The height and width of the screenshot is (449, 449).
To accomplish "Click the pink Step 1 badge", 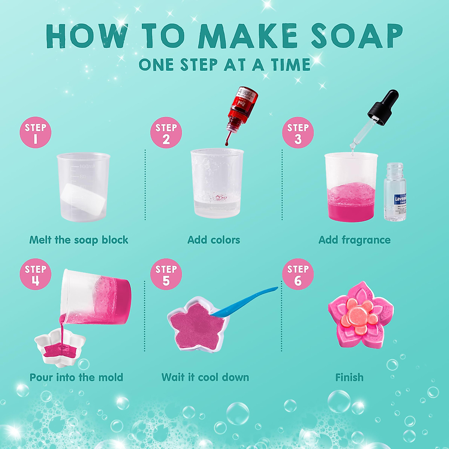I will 35,132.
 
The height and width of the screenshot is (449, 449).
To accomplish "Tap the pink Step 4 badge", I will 35,274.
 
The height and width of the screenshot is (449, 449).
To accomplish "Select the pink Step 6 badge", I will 298,274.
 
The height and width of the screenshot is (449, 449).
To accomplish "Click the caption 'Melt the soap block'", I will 79,240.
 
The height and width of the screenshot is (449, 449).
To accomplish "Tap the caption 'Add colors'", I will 214,240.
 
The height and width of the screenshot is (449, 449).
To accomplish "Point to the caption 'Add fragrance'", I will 354,240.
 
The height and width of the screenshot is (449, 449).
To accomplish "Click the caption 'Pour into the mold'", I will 76,377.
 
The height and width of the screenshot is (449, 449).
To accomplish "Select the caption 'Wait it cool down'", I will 205,377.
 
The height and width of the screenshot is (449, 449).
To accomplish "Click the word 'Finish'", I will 349,377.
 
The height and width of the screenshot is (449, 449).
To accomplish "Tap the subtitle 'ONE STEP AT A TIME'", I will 224,65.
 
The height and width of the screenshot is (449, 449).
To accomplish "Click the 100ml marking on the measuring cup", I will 87,166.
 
